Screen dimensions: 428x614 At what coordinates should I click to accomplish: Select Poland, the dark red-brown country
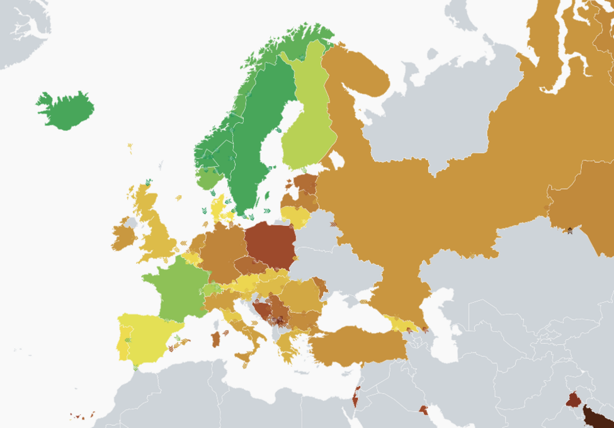[x=270, y=245]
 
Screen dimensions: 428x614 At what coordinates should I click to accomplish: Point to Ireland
[x=123, y=235]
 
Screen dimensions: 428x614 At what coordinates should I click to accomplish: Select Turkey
[x=359, y=346]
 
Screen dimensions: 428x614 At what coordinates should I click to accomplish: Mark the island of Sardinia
[x=216, y=339]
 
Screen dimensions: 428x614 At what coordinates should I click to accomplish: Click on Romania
[x=301, y=296]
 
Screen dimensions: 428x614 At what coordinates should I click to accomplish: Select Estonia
[x=306, y=183]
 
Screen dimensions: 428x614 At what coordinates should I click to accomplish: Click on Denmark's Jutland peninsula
[x=217, y=208]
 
